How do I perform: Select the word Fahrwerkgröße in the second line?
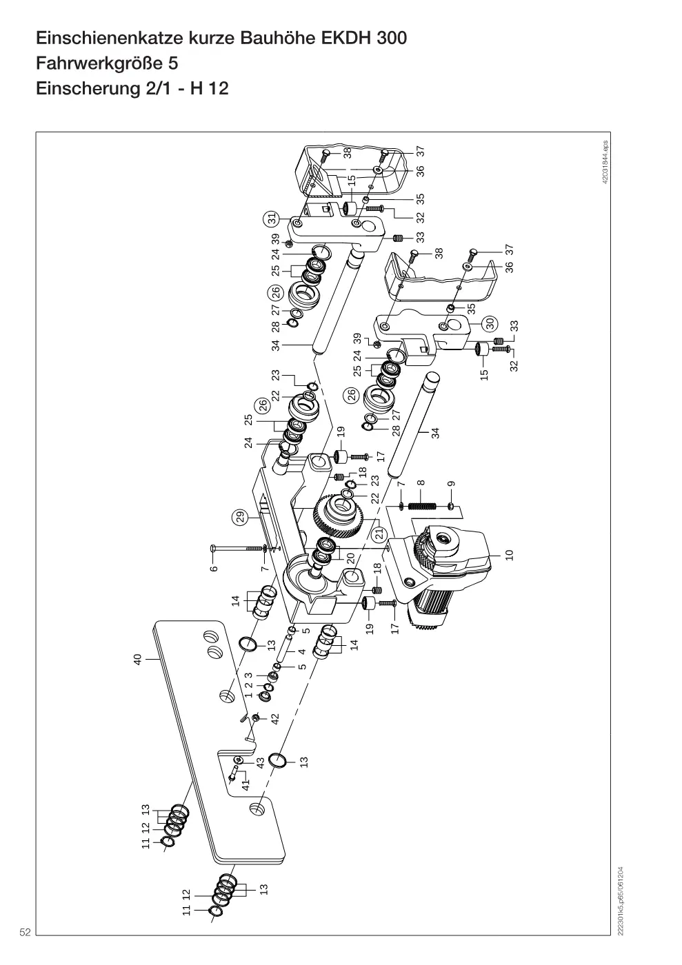pos(99,63)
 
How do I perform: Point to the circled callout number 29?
pos(241,516)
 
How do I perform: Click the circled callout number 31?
pos(271,219)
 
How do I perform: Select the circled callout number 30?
pos(490,323)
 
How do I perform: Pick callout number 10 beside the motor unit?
pos(509,554)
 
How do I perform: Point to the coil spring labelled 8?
pos(423,505)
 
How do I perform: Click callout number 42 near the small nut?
pos(275,718)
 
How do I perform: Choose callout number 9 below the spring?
pos(451,484)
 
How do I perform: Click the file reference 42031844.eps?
pos(605,162)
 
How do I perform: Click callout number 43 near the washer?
pos(261,762)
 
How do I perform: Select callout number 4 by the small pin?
pos(302,651)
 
